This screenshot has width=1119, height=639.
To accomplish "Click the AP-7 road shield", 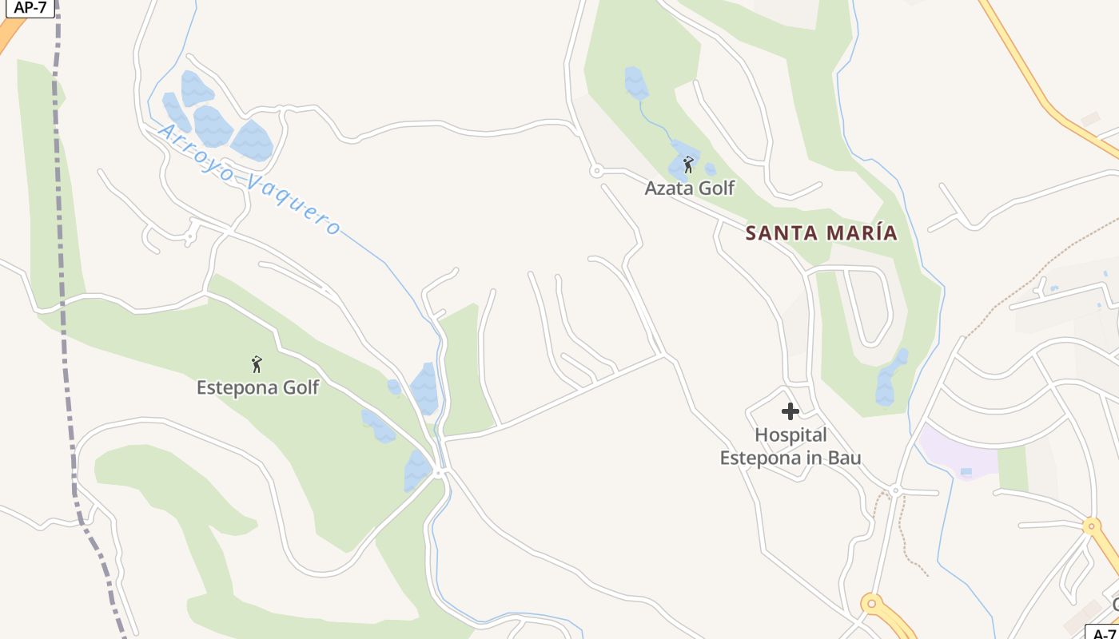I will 30,7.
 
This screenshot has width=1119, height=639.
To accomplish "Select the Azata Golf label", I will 689,189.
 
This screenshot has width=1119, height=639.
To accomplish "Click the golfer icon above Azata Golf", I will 688,165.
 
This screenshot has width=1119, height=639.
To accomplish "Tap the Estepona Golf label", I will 257,387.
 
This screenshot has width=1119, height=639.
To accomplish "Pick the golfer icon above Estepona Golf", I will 257,364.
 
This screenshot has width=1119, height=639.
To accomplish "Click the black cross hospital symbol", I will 790,411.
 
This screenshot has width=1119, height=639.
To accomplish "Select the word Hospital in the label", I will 790,435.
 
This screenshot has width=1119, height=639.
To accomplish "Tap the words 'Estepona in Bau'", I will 790,458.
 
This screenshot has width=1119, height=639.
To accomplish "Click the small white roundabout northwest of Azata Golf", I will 595,170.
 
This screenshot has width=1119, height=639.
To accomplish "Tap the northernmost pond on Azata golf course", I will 635,82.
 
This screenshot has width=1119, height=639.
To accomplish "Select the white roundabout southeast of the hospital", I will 895,490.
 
